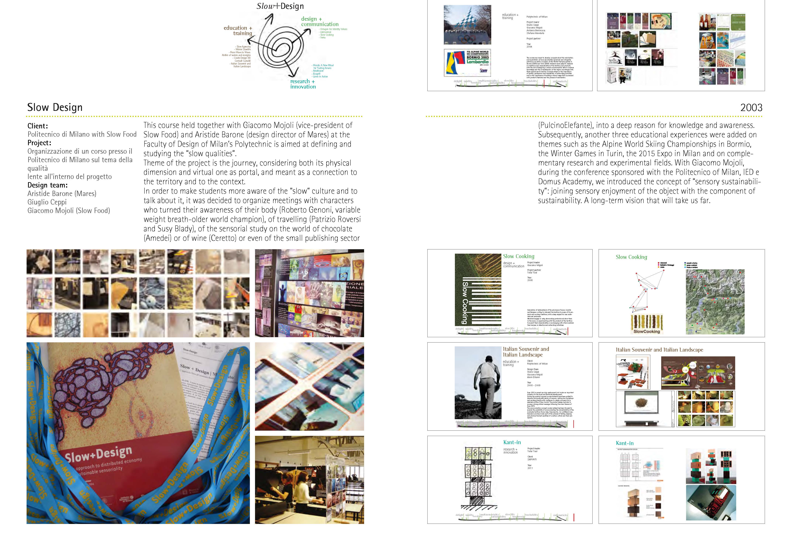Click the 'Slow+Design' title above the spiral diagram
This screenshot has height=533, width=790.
pos(280,6)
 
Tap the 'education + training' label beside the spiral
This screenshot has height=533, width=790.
pos(238,31)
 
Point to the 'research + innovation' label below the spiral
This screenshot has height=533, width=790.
pos(303,84)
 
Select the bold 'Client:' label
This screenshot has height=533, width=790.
pos(38,126)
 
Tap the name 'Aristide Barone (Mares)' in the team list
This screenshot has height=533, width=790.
pos(62,193)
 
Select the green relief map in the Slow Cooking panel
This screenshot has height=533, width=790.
pos(715,302)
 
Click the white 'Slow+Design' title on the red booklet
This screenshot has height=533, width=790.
pos(99,454)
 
